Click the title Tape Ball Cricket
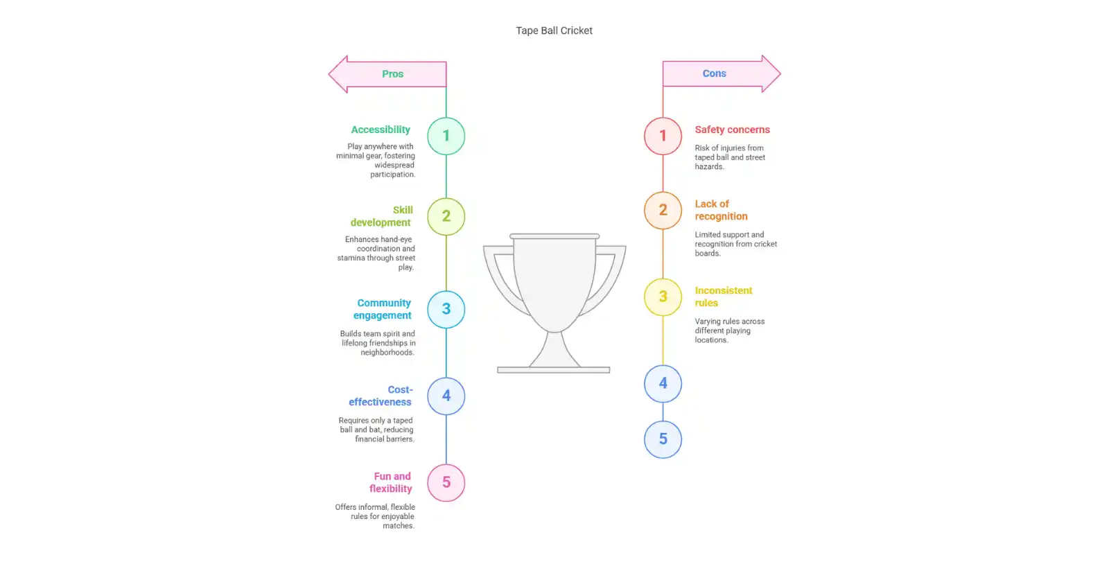[x=554, y=30]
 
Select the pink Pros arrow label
[x=392, y=74]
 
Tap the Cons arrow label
[x=715, y=73]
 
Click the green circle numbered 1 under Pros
[x=446, y=136]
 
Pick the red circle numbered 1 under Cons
[x=663, y=136]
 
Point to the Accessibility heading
[x=381, y=130]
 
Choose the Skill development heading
[x=382, y=216]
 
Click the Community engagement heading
[x=383, y=309]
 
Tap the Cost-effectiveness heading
[x=381, y=396]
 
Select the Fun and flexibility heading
[x=391, y=482]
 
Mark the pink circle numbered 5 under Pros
[x=446, y=482]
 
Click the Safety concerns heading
[x=732, y=130]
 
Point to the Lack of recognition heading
[x=721, y=210]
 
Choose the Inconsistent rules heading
[x=723, y=297]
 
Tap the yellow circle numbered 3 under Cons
[x=663, y=297]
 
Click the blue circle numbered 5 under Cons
[x=663, y=439]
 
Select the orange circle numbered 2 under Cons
[x=663, y=210]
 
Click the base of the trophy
[x=553, y=370]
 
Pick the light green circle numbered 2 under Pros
[x=446, y=216]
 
